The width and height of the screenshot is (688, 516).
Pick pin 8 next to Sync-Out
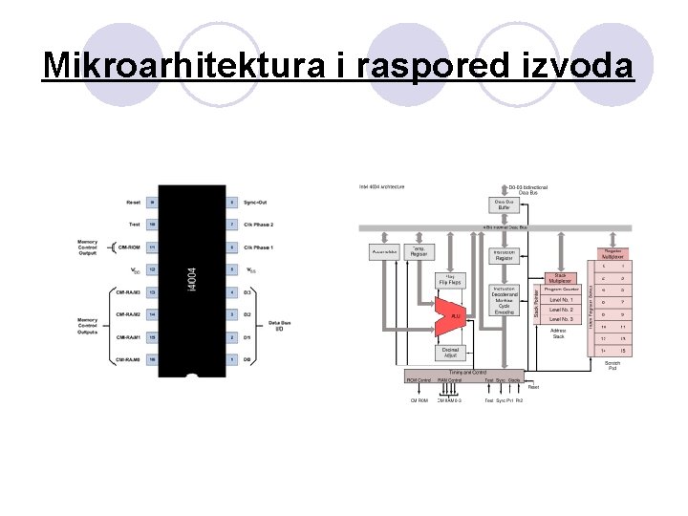point(232,203)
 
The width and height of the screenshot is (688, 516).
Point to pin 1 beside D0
point(232,359)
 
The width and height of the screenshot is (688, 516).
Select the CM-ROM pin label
point(129,247)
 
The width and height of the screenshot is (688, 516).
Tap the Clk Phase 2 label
point(259,225)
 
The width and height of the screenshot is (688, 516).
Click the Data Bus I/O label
point(281,327)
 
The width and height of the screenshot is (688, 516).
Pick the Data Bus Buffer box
point(503,204)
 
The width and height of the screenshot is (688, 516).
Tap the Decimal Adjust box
point(449,354)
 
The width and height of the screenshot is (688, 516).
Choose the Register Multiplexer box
point(612,253)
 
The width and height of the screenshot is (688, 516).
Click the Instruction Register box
point(503,255)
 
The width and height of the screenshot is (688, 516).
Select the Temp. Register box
point(419,252)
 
